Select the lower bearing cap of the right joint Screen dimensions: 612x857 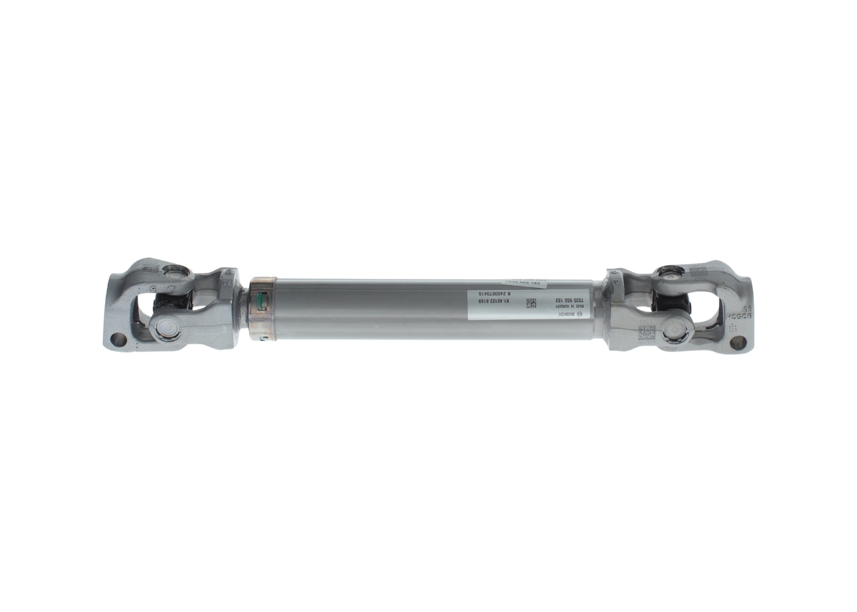(x=677, y=329)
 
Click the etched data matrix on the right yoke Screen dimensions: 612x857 (x=646, y=333)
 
